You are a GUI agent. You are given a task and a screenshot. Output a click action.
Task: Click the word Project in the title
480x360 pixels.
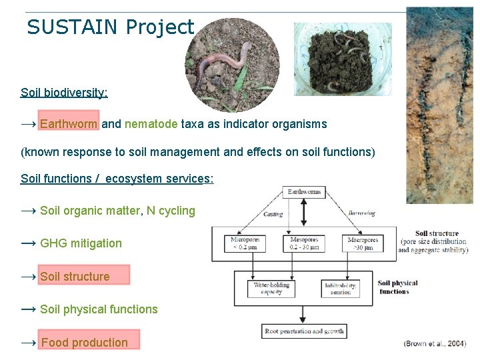tap(159, 27)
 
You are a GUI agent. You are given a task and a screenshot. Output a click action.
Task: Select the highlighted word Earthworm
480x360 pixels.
tap(69, 124)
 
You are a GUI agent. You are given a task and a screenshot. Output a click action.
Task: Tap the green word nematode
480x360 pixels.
tap(151, 124)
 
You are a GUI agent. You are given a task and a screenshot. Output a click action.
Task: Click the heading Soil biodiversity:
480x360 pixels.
tap(64, 92)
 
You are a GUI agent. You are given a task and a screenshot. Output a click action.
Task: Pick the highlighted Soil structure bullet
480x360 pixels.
tap(75, 277)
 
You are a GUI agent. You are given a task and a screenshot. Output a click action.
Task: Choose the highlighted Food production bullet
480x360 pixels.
tap(84, 343)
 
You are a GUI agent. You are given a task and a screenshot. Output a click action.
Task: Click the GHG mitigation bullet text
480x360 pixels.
tap(81, 243)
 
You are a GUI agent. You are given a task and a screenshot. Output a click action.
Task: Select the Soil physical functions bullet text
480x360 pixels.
tap(99, 309)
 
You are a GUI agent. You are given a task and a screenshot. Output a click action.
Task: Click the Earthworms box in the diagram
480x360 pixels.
tap(304, 192)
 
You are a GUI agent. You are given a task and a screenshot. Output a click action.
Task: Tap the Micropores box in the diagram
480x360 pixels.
tap(244, 243)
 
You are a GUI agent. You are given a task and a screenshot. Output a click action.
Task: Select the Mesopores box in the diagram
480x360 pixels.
tap(305, 243)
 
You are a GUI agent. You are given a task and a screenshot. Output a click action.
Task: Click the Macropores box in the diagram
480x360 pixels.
tap(363, 243)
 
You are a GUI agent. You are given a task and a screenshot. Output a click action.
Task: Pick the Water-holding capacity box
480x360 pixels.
tap(273, 289)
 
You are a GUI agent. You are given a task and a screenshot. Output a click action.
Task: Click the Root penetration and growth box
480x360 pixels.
tap(304, 331)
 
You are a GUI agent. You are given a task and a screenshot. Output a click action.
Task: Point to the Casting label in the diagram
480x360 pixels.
tap(273, 215)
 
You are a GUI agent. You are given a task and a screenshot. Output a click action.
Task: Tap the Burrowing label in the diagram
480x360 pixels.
tap(361, 214)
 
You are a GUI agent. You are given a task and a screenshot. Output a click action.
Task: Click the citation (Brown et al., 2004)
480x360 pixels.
tap(435, 343)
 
